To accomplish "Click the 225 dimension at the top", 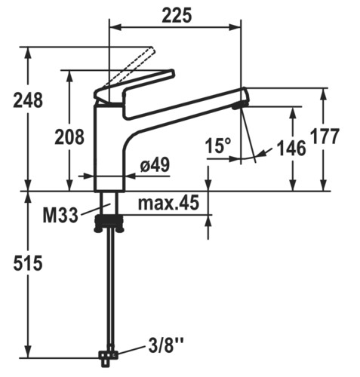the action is [177, 15].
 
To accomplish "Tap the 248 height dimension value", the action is [28, 100].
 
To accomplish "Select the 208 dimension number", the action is [69, 137].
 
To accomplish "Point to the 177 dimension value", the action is [325, 136].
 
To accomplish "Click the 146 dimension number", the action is [291, 148].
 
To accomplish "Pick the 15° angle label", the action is [218, 146].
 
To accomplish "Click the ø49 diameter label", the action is [155, 165].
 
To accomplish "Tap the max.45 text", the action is [168, 203].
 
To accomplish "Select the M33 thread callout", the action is [60, 216].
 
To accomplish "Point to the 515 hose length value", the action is [28, 263].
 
